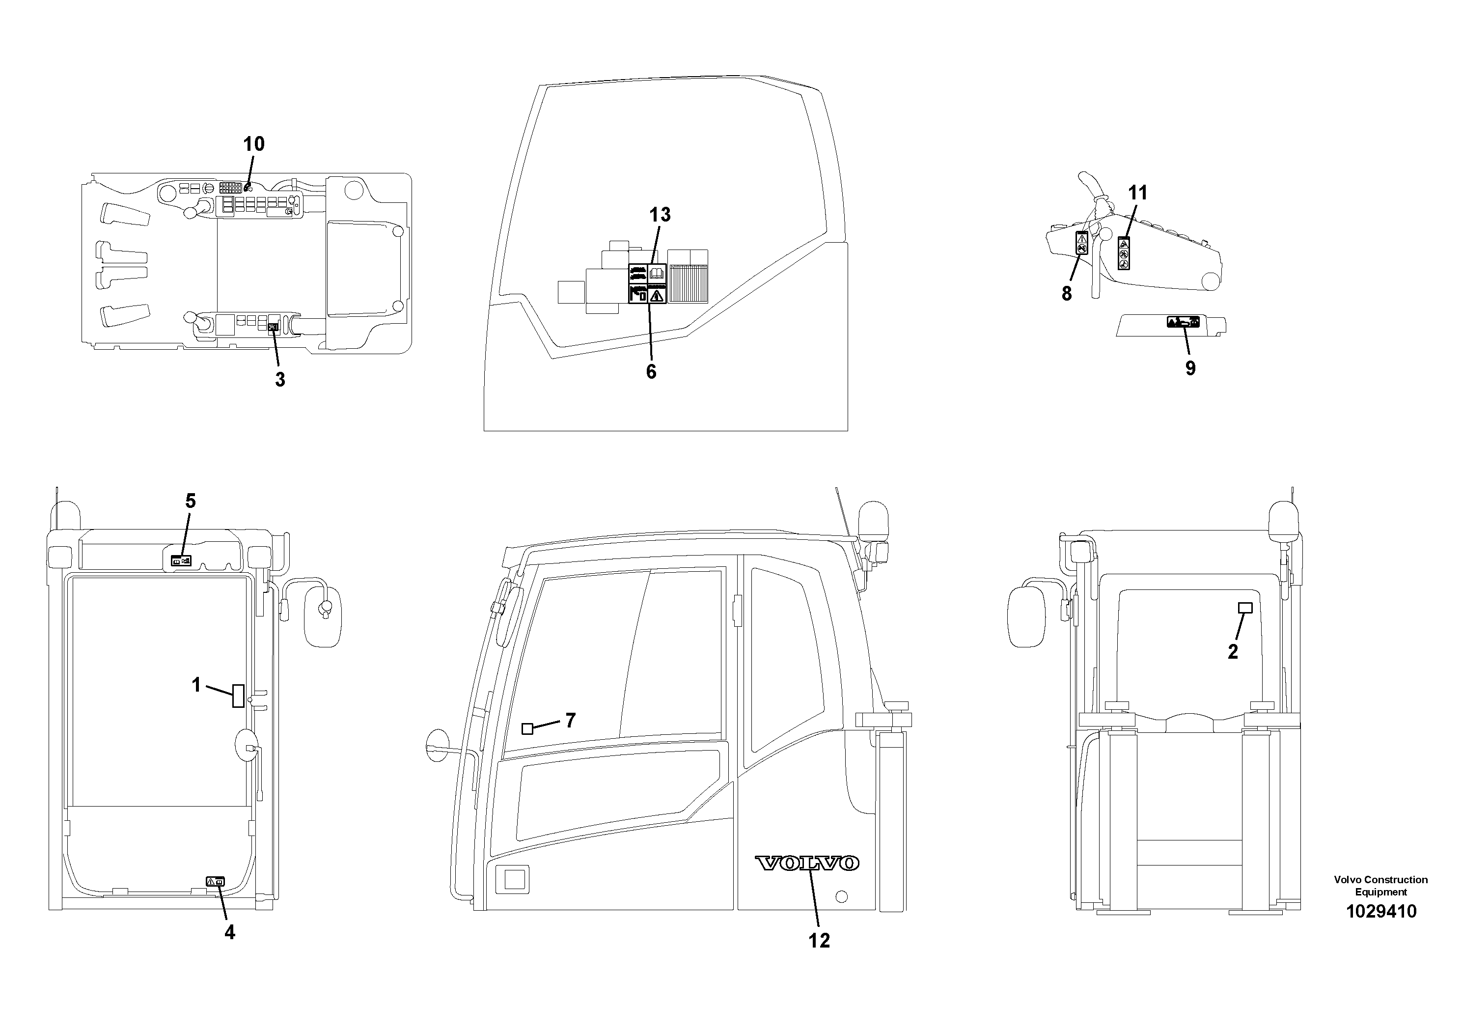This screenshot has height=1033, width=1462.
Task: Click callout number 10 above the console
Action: (253, 144)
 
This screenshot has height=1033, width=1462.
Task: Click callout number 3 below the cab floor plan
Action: (279, 380)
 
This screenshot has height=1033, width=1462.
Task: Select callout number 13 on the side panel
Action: (660, 215)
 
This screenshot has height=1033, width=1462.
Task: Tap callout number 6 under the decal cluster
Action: (651, 372)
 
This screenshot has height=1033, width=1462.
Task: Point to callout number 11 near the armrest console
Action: (1137, 193)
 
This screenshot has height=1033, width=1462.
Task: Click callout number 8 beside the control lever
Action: (1067, 294)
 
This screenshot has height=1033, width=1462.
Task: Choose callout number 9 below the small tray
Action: (1190, 368)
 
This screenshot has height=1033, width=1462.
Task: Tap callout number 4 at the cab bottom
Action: (229, 933)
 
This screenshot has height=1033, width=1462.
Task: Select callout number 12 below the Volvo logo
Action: (819, 941)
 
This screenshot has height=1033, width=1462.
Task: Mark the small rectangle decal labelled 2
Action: (1245, 608)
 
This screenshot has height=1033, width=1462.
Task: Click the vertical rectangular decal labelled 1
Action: (238, 696)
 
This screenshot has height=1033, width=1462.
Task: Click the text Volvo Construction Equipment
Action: (1380, 886)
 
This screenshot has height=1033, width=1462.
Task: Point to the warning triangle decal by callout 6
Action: (657, 295)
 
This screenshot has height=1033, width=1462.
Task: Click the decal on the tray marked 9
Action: (1183, 322)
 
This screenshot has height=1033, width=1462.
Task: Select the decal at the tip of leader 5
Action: (182, 561)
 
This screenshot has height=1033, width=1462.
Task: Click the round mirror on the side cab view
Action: (438, 745)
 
